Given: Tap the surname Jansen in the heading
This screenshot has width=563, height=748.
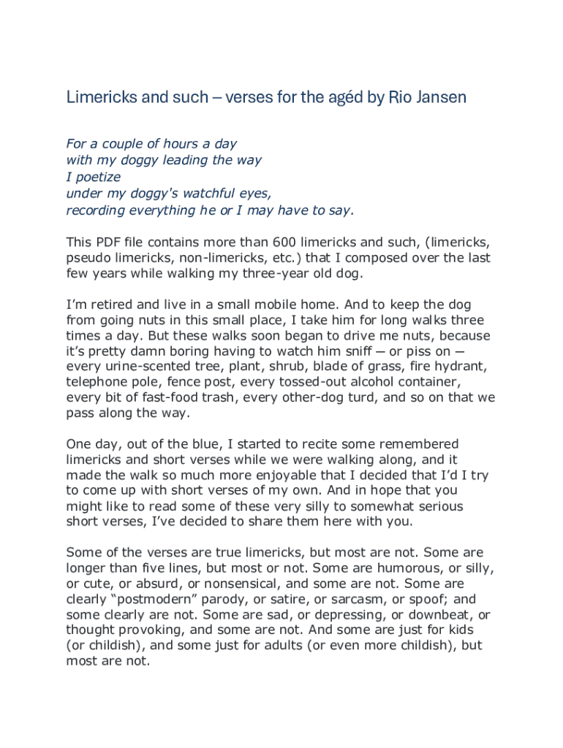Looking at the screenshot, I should [438, 97].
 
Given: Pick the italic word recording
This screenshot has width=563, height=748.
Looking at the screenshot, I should [97, 211].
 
